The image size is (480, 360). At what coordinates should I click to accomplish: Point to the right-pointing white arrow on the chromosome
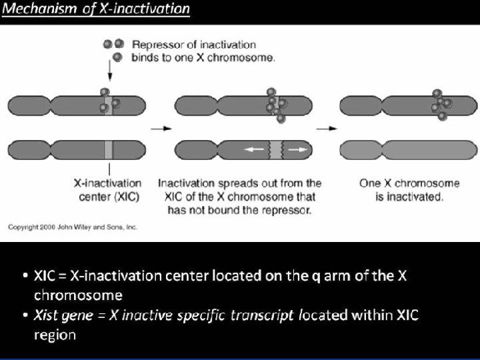coord(297,149)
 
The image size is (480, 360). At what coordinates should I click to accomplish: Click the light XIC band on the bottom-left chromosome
coord(109,149)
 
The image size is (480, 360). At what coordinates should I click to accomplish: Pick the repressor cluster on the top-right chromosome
coord(441,103)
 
